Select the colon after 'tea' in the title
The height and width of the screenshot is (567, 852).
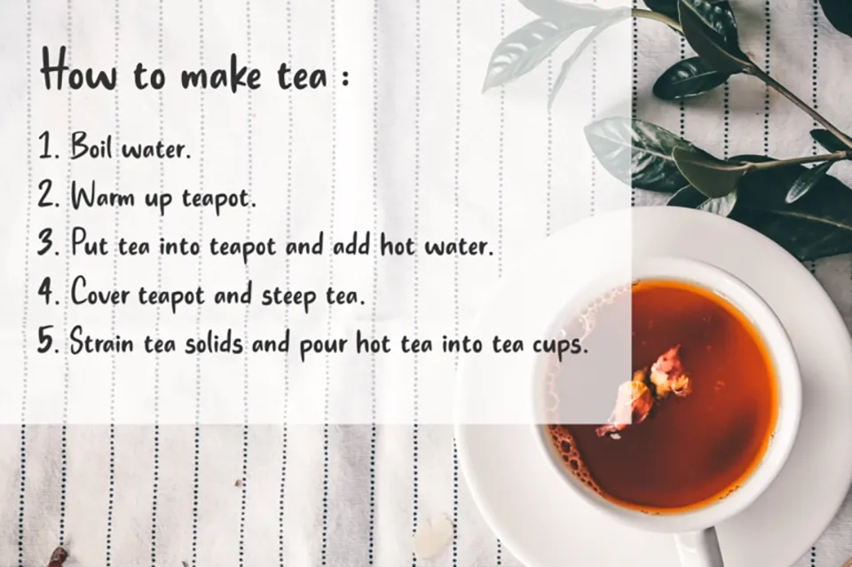click(x=342, y=78)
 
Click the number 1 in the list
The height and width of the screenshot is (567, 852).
click(x=47, y=146)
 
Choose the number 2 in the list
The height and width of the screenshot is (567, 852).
click(x=48, y=195)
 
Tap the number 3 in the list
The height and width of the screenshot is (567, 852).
click(x=48, y=243)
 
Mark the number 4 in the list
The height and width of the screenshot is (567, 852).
click(x=48, y=292)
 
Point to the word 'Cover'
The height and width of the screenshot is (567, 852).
click(x=101, y=293)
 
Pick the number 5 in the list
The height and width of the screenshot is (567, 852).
click(x=48, y=341)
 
